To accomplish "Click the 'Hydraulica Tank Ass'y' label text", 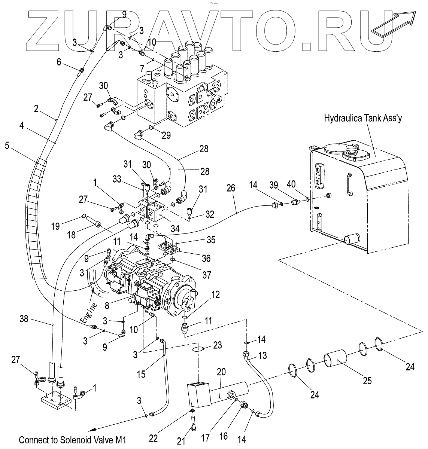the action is click(363, 119).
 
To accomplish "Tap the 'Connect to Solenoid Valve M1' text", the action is click(73, 440).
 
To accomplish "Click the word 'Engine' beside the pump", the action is click(88, 313).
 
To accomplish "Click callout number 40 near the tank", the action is click(291, 184).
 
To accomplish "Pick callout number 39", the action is click(274, 185).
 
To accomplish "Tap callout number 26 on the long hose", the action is click(231, 188).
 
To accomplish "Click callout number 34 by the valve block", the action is click(175, 228).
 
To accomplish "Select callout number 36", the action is click(206, 258).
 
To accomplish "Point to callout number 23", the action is click(217, 345).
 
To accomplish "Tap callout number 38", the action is click(24, 318).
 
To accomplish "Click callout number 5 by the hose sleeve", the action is click(7, 146).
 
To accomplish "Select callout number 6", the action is click(59, 62).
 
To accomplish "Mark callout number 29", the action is click(166, 135).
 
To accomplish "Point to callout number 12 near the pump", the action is click(215, 294).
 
